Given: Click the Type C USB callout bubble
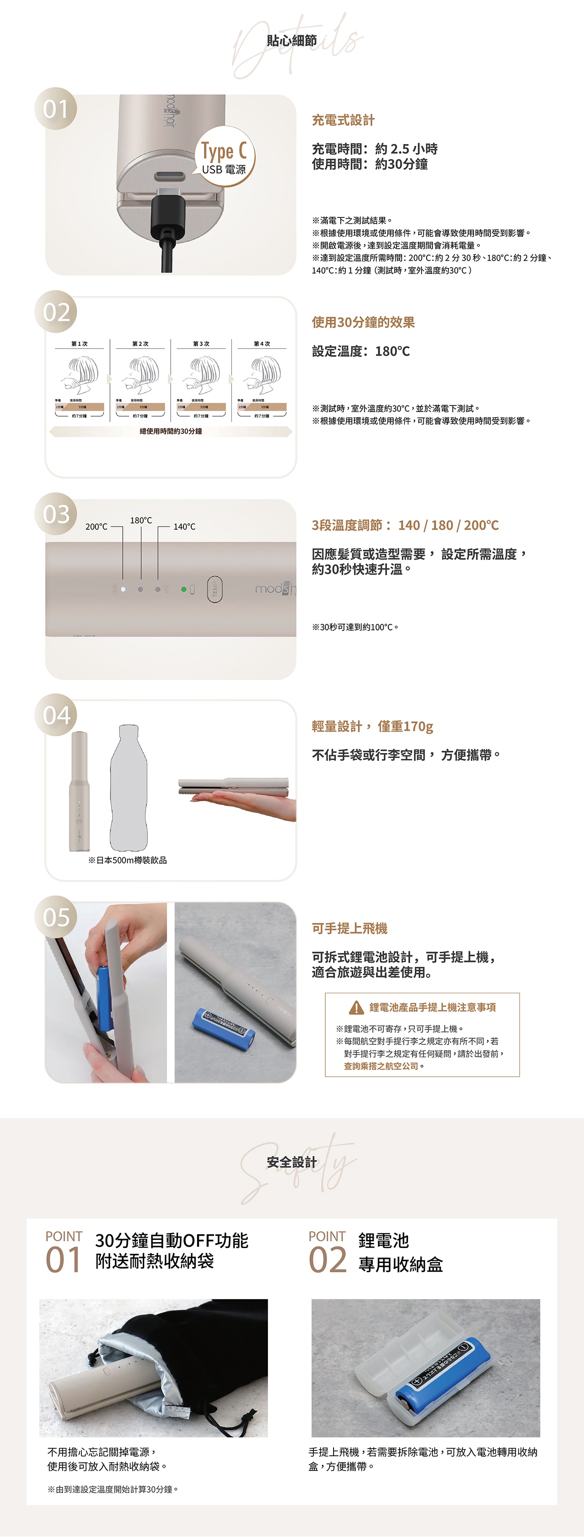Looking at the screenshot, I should coord(224,156).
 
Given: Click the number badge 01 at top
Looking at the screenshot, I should coord(56,108).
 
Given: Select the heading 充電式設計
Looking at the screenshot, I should coord(343,120).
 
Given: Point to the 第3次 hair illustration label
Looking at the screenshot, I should coord(201,344).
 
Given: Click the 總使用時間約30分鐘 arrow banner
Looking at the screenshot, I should coord(171,431).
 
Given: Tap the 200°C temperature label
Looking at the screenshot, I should coord(96,526).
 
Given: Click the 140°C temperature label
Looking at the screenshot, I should coord(184,526).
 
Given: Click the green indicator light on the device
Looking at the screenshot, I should coord(184,589).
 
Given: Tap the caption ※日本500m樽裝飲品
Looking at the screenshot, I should coord(127,860).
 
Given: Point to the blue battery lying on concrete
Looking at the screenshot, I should coord(223,1027).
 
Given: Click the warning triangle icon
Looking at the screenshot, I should coord(356,1008).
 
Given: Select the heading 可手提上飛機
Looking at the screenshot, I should coord(349,928).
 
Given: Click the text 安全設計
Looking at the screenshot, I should coord(292,1162).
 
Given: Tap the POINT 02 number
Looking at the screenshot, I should coord(327,1261).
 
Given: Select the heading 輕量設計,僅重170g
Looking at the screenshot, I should coord(372,726).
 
